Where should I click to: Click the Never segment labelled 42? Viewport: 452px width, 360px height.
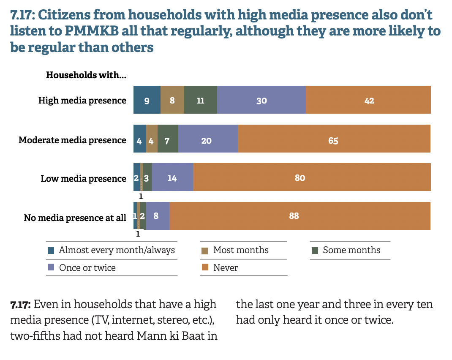pyautogui.click(x=368, y=100)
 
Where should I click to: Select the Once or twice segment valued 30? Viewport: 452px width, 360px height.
pyautogui.click(x=261, y=100)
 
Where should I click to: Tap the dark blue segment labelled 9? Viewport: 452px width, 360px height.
pyautogui.click(x=147, y=100)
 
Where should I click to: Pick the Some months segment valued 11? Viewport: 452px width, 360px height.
pyautogui.click(x=201, y=100)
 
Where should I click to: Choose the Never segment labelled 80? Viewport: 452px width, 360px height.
pyautogui.click(x=312, y=177)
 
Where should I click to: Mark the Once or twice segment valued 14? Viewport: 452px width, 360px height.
pyautogui.click(x=172, y=177)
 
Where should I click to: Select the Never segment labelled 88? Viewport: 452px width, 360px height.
pyautogui.click(x=300, y=216)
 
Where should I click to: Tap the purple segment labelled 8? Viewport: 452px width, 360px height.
pyautogui.click(x=158, y=216)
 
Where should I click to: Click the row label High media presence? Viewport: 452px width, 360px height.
pyautogui.click(x=82, y=101)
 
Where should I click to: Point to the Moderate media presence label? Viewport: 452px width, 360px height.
pyautogui.click(x=72, y=140)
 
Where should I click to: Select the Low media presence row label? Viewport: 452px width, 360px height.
pyautogui.click(x=83, y=179)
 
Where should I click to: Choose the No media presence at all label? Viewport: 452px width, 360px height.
pyautogui.click(x=75, y=218)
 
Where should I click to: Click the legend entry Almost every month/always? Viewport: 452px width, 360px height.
pyautogui.click(x=117, y=250)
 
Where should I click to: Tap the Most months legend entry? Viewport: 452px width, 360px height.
pyautogui.click(x=241, y=250)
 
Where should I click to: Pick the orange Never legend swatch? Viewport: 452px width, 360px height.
pyautogui.click(x=205, y=267)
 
